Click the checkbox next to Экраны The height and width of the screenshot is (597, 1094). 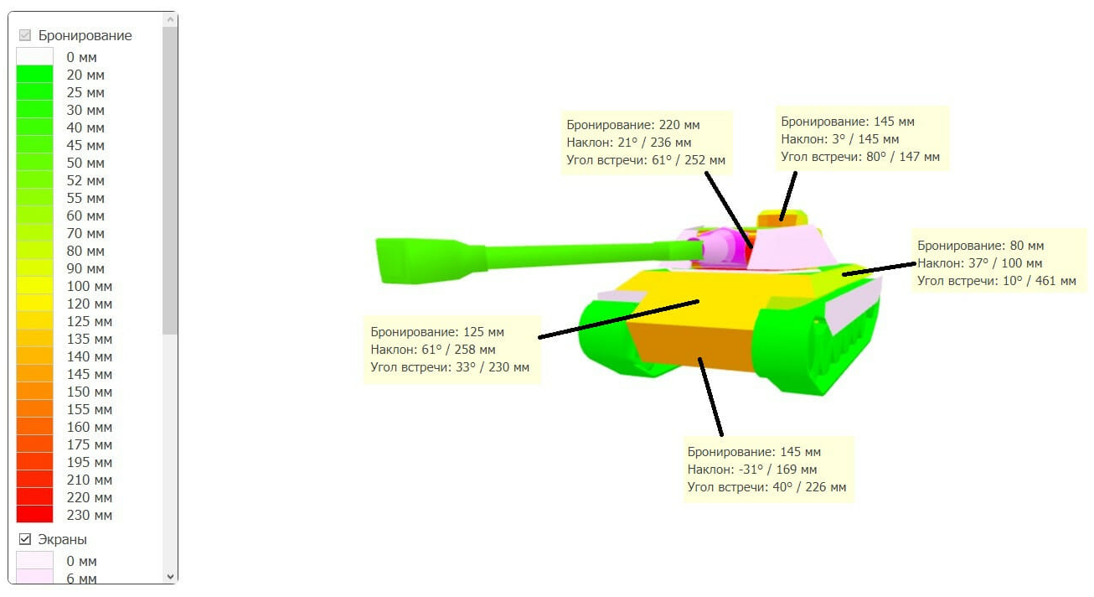click(25, 539)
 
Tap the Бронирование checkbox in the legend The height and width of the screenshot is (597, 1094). click(25, 35)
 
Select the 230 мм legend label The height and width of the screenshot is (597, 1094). click(89, 515)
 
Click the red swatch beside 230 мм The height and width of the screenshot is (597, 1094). click(34, 515)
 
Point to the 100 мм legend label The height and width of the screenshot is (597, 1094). click(89, 286)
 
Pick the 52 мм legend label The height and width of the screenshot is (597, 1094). click(85, 180)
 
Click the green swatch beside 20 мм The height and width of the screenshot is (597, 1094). click(34, 75)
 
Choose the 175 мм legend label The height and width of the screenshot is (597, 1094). click(89, 444)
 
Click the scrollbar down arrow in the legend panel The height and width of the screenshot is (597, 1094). click(171, 576)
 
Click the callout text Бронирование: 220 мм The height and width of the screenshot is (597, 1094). click(632, 125)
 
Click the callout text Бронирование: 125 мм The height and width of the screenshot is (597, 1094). click(437, 332)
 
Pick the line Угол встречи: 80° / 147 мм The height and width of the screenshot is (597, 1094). click(860, 156)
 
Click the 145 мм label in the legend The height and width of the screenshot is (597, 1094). click(89, 374)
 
